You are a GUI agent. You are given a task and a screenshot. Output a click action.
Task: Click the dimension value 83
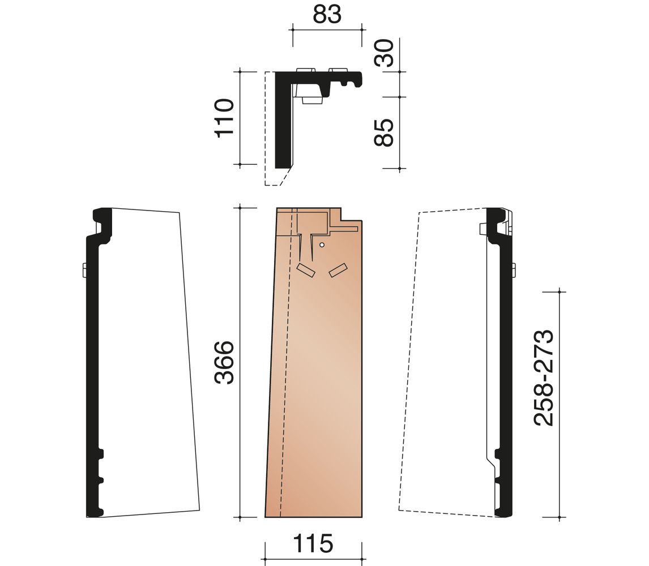[x=327, y=14]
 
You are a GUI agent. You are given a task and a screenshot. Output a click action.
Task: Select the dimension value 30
[x=384, y=53]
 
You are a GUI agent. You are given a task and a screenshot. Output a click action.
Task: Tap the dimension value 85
[x=384, y=132]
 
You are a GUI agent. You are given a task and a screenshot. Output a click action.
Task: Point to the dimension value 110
[x=224, y=118]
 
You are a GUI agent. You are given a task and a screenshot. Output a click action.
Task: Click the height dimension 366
[x=224, y=362]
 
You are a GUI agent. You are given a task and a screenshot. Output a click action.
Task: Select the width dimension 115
[x=313, y=543]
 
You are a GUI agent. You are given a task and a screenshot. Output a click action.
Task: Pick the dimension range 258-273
[x=544, y=378]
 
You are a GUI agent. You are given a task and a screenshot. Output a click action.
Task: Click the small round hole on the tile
[x=322, y=245]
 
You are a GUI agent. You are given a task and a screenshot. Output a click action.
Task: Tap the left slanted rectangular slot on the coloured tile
[x=306, y=270]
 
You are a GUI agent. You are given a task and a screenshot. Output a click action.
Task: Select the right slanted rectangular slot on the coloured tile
[x=338, y=270]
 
